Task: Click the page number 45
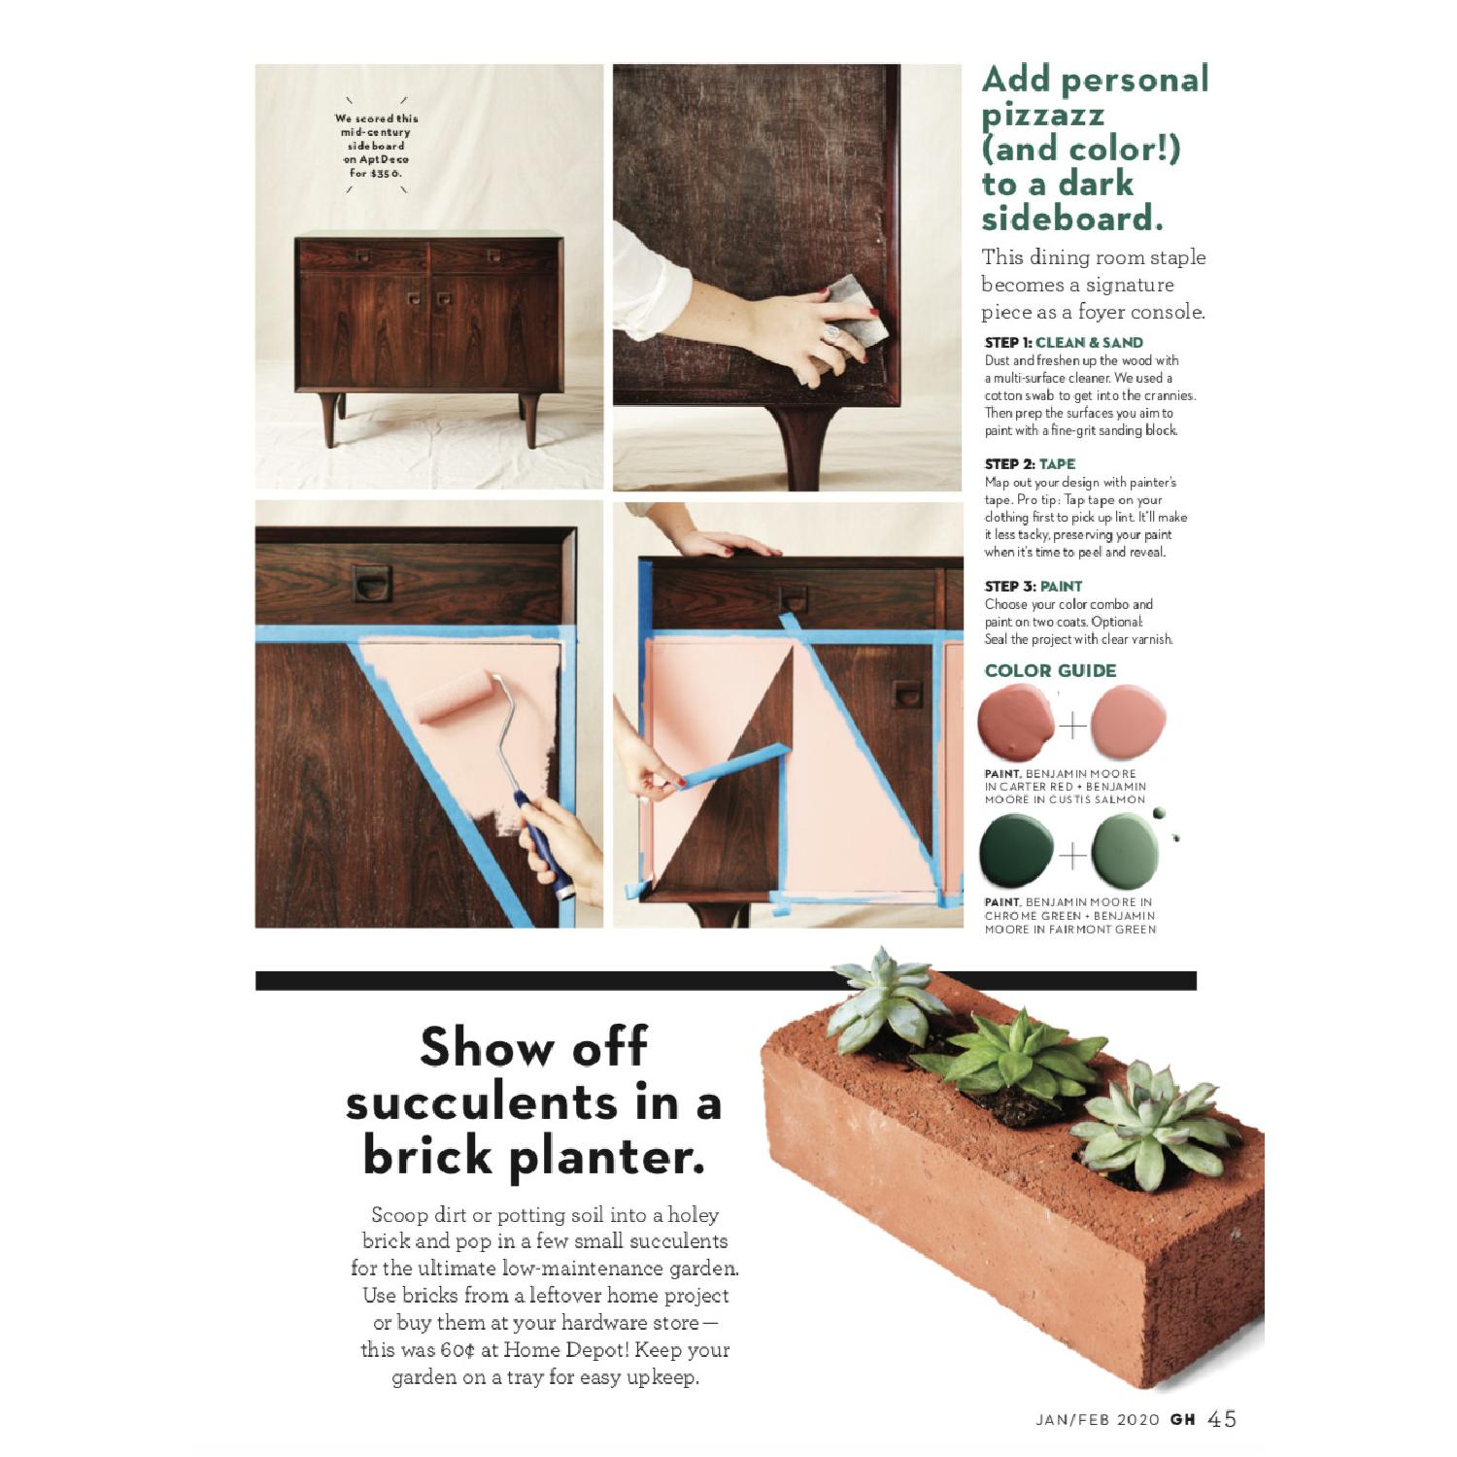[x=1222, y=1419]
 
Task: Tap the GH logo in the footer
[x=1182, y=1420]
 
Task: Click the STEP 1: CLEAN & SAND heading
[x=1064, y=342]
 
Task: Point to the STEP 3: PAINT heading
[x=1033, y=586]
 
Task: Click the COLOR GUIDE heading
[x=1050, y=670]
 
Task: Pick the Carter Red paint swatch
[x=1016, y=722]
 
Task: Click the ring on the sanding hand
[x=831, y=333]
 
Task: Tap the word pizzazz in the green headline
[x=1042, y=115]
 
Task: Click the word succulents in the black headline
[x=482, y=1102]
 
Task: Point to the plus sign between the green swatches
[x=1072, y=855]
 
